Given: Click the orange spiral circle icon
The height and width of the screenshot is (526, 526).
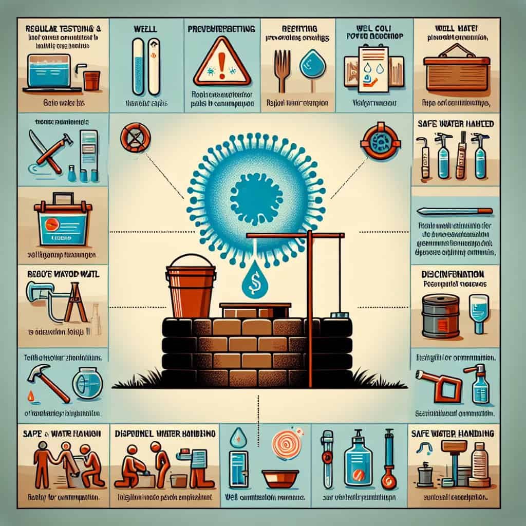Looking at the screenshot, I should [281, 443].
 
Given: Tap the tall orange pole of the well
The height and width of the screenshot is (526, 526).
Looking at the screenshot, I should [310, 308].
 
